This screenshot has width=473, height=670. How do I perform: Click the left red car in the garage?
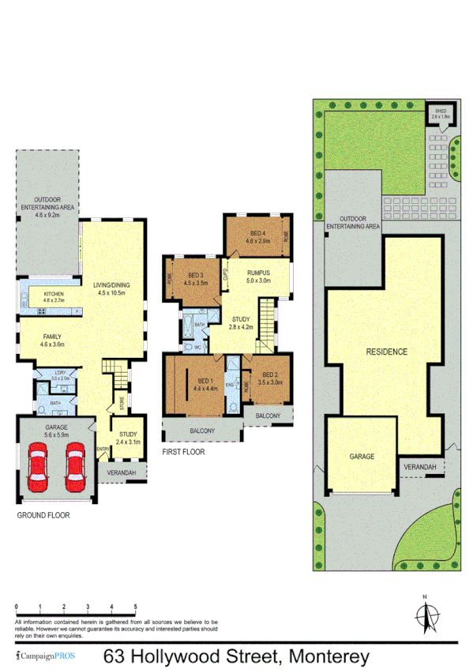[37, 466]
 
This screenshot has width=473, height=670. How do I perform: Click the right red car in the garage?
[74, 466]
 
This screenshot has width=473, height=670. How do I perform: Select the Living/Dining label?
[111, 288]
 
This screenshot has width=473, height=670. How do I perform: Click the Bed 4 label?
[257, 236]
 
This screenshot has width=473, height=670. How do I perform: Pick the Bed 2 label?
[270, 378]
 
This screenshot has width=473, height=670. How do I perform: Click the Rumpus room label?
[258, 277]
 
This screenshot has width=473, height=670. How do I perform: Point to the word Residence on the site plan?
[386, 352]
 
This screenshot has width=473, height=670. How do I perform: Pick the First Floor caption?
[182, 453]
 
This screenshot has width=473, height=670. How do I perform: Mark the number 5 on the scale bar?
[136, 607]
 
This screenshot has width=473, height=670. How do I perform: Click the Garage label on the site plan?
[362, 457]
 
